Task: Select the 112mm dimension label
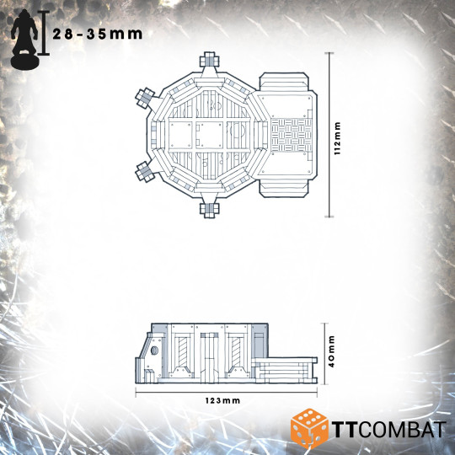coord(338,135)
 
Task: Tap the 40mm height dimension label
coord(334,352)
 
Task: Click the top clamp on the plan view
coord(207,62)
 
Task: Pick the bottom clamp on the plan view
coord(207,207)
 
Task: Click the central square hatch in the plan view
coord(207,134)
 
